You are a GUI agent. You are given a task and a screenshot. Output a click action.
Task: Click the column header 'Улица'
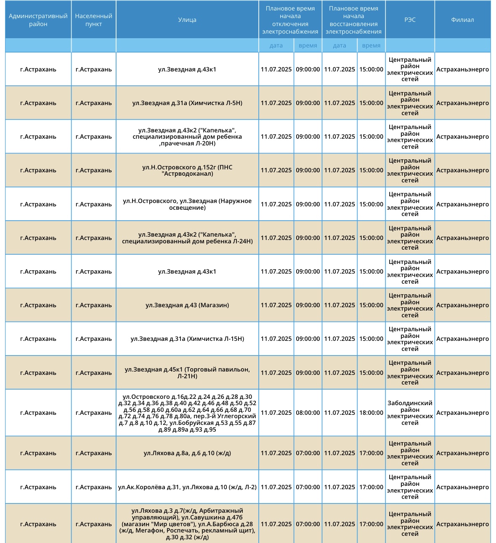pyautogui.click(x=187, y=20)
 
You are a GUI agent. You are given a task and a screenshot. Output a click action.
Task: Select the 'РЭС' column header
pyautogui.click(x=410, y=20)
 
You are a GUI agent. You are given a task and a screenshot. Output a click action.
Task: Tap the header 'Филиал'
pyautogui.click(x=462, y=20)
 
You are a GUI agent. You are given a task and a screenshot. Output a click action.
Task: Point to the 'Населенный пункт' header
pyautogui.click(x=93, y=20)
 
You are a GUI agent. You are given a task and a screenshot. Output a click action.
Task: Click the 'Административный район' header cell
pyautogui.click(x=38, y=20)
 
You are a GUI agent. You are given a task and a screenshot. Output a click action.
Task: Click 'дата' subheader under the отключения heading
pyautogui.click(x=276, y=45)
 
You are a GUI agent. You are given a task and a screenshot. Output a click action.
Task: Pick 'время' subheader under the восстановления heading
pyautogui.click(x=371, y=45)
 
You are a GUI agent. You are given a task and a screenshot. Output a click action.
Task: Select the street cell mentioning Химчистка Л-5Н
pyautogui.click(x=187, y=103)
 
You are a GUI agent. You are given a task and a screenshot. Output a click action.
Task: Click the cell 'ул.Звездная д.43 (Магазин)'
pyautogui.click(x=187, y=305)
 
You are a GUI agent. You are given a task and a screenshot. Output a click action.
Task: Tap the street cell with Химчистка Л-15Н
pyautogui.click(x=187, y=339)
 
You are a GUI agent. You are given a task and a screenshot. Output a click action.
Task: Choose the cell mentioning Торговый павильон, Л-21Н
pyautogui.click(x=187, y=373)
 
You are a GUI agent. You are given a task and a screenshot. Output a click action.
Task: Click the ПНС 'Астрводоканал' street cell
pyautogui.click(x=187, y=170)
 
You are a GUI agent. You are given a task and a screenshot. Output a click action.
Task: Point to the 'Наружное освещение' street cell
pyautogui.click(x=187, y=204)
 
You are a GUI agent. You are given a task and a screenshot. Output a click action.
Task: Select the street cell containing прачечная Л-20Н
pyautogui.click(x=187, y=137)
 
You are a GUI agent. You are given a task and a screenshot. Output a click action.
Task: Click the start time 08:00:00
pyautogui.click(x=308, y=413)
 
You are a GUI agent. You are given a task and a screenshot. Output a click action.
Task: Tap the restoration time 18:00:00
pyautogui.click(x=371, y=413)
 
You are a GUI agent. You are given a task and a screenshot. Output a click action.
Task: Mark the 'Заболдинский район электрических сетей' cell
pyautogui.click(x=410, y=413)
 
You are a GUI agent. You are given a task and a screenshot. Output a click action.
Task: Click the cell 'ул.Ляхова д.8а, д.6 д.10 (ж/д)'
pyautogui.click(x=187, y=453)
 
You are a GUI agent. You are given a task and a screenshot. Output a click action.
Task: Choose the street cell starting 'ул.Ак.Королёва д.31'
pyautogui.click(x=187, y=487)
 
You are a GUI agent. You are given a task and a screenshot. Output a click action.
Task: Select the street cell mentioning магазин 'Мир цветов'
pyautogui.click(x=187, y=524)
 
